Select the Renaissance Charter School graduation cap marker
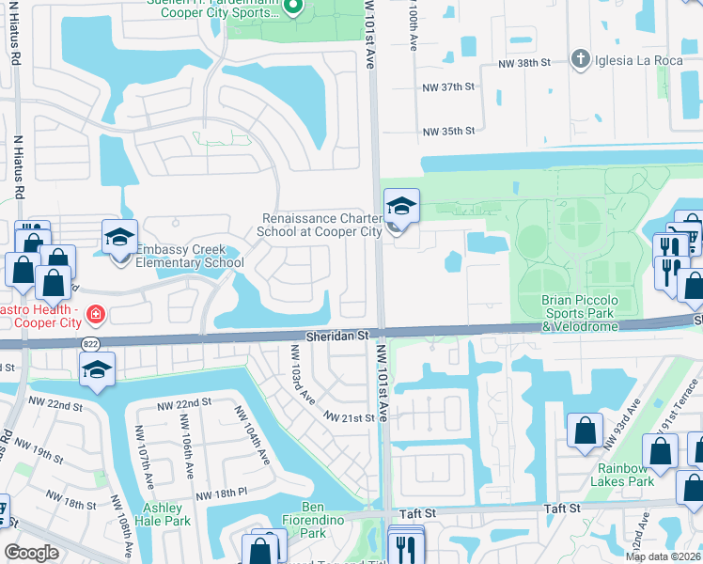[x=401, y=207]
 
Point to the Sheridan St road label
[x=340, y=335]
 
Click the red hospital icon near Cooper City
[x=94, y=313]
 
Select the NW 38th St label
[x=529, y=65]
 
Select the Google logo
[x=31, y=553]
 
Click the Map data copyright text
[x=664, y=556]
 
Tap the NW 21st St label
[x=349, y=416]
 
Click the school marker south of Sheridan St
[x=97, y=369]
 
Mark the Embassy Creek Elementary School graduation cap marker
[x=120, y=239]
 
